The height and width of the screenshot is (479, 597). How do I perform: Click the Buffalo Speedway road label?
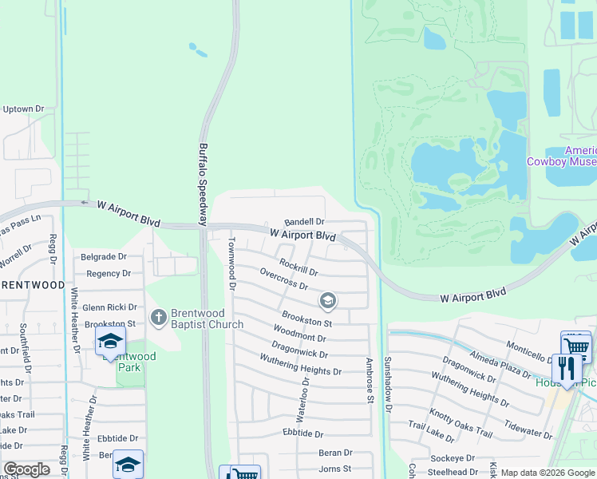tap(204, 179)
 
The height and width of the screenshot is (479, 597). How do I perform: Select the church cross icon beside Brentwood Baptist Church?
tap(158, 318)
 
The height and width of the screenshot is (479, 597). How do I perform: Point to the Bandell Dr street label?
tap(305, 222)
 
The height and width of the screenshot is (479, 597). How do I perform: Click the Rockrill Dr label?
tap(298, 267)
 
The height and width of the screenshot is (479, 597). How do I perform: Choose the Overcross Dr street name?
tap(283, 279)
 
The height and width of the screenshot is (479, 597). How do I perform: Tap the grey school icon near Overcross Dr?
tap(326, 301)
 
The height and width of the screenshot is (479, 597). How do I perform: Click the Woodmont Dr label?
tap(299, 333)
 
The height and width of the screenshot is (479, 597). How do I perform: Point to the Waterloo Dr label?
tap(302, 399)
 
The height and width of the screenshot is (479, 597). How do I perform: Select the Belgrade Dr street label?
tap(104, 257)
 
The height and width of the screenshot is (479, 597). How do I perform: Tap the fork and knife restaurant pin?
tap(567, 368)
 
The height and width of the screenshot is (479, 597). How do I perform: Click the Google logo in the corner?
tap(26, 469)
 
